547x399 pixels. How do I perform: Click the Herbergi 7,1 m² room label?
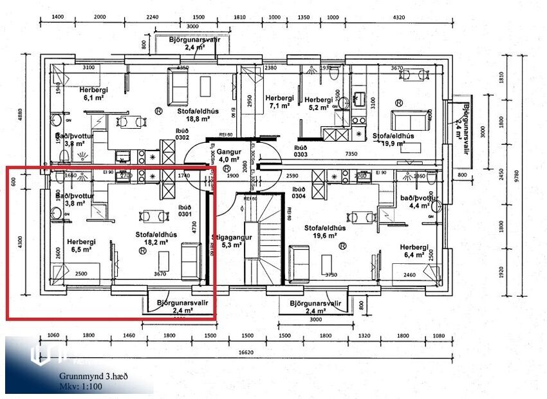279,102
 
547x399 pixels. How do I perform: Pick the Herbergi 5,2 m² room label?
319,104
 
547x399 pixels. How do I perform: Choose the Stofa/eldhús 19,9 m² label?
393,140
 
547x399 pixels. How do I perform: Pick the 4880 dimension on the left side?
19,111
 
